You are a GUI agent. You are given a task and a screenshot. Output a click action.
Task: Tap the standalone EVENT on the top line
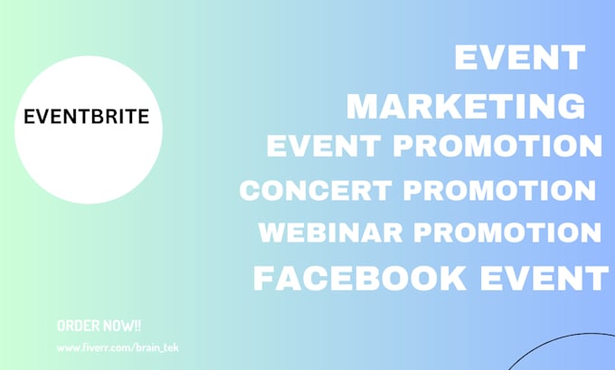[x=519, y=59]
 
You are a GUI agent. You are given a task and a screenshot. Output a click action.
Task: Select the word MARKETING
[x=466, y=106]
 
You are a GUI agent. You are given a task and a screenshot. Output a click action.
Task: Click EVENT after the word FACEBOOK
[x=549, y=278]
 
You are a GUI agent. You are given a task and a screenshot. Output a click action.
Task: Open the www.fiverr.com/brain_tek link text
[x=117, y=347]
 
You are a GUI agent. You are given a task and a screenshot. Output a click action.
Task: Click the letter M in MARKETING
[x=362, y=106]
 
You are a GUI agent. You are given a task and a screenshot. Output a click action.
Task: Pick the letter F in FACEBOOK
[x=263, y=278]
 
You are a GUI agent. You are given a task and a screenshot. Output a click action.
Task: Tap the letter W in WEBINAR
[x=272, y=232]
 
